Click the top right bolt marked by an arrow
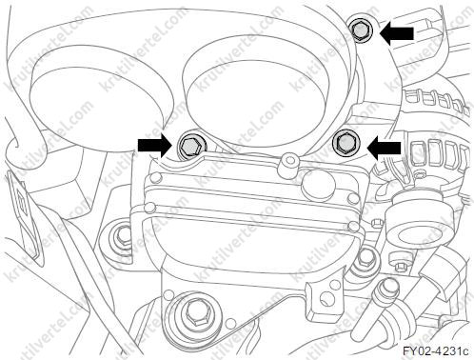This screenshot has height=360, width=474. [360, 30]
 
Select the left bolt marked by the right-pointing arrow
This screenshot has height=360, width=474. [188, 147]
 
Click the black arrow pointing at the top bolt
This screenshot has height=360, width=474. [397, 33]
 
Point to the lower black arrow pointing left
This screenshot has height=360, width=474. [384, 149]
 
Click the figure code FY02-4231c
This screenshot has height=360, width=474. [435, 351]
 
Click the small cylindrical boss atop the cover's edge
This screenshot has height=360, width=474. [289, 165]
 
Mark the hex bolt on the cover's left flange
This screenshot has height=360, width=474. [122, 235]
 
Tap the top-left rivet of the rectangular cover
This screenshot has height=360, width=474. [155, 176]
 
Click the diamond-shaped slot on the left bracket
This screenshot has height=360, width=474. [22, 203]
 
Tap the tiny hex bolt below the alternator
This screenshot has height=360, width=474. [377, 222]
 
